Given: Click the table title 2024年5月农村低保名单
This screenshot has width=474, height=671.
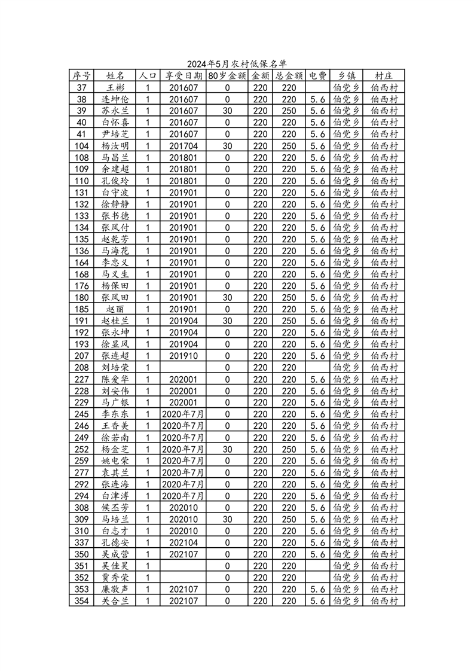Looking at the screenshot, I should (x=237, y=64).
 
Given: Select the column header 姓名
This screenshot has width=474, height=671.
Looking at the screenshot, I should (x=115, y=76).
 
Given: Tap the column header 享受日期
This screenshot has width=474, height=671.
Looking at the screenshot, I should (x=184, y=76).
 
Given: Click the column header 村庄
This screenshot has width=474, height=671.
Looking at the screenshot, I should (x=384, y=76).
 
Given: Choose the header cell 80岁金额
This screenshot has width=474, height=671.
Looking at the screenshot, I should (x=227, y=76).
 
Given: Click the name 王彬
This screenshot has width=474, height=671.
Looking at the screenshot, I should (x=115, y=87).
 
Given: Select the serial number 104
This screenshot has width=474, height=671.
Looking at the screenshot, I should (x=82, y=146).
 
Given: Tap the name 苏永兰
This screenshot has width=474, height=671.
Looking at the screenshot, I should (x=115, y=111).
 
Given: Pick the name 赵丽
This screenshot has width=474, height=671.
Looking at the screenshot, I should (x=115, y=309).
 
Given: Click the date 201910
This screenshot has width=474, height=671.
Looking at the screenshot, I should (x=184, y=356).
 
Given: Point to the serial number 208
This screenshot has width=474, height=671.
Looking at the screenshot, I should (x=82, y=368).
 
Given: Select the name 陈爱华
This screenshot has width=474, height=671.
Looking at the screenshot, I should (x=115, y=379).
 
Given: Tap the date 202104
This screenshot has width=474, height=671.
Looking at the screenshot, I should (x=184, y=543).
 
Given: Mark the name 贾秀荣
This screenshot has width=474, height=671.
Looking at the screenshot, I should (x=115, y=578).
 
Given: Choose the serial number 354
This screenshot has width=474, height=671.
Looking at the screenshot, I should (x=82, y=601).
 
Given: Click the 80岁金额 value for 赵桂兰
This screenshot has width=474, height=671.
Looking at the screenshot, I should (x=227, y=321).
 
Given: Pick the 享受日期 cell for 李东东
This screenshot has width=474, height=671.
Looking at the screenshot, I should (x=184, y=414).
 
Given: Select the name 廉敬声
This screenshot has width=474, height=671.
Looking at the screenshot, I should (x=115, y=590).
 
